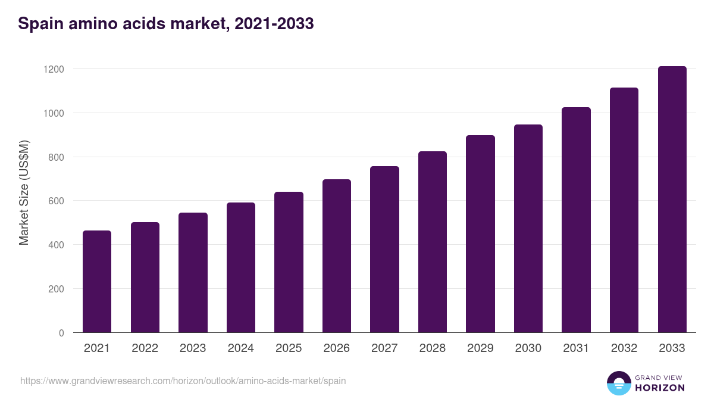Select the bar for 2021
(97, 281)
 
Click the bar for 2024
(241, 267)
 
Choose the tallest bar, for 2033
(672, 199)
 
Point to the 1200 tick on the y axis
(54, 69)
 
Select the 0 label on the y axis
(61, 333)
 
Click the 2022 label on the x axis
(145, 348)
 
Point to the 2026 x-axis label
(337, 348)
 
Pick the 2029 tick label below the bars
(480, 348)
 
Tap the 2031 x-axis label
(576, 348)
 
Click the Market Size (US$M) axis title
(24, 192)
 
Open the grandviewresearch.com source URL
(183, 381)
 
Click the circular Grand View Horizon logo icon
(618, 383)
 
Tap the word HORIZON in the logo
(659, 388)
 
